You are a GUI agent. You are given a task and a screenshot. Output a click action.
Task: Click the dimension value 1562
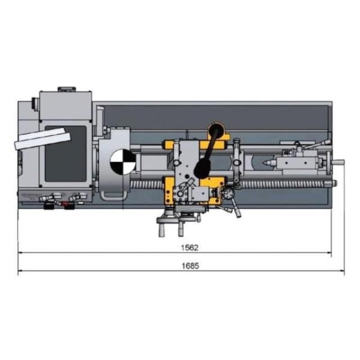coord(190,247)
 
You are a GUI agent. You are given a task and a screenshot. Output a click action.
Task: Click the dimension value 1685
coord(190,266)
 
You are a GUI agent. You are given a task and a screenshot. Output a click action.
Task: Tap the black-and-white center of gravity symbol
coord(123,162)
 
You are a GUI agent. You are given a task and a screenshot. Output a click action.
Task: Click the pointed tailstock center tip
coord(263,163)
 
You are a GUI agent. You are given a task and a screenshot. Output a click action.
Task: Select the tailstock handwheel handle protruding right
coord(339,163)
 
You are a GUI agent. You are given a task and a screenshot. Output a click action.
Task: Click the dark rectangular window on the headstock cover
coord(66,154)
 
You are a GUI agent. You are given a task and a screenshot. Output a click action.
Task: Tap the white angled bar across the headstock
coord(42,139)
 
